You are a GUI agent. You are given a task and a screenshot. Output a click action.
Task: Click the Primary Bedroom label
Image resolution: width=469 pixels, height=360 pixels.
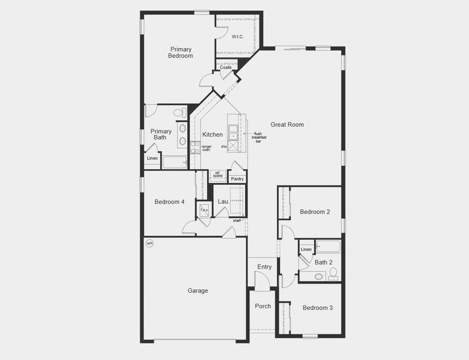click(181, 52)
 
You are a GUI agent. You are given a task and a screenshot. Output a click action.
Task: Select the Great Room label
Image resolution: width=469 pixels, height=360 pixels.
click(287, 125)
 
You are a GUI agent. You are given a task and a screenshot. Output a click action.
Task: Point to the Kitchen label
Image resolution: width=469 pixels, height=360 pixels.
click(213, 134)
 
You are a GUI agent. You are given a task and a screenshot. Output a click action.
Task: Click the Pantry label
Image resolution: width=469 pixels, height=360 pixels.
click(237, 179)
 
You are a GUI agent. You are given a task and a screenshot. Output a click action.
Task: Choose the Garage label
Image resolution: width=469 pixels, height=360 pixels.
click(198, 291)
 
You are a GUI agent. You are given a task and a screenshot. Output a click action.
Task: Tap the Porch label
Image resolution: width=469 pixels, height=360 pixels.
click(262, 306)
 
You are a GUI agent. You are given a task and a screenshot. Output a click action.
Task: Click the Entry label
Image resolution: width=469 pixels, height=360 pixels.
click(264, 267)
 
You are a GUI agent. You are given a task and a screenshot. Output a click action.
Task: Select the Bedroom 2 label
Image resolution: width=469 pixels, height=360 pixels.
click(315, 212)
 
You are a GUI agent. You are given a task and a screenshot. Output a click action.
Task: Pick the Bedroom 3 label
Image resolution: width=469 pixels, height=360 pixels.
click(317, 308)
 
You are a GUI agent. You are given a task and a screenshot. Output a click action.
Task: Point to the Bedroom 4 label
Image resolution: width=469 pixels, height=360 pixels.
click(169, 202)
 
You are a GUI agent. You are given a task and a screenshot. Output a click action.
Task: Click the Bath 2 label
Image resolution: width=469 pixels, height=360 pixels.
click(324, 262)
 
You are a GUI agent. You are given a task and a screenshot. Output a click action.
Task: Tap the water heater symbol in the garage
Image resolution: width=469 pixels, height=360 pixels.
click(150, 244)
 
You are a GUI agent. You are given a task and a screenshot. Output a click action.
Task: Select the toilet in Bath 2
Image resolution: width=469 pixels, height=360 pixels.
click(333, 274)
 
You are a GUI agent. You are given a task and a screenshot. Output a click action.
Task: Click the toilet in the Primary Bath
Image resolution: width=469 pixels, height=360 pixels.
click(179, 112)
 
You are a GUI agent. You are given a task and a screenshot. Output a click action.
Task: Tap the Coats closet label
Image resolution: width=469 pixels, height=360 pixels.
click(225, 67)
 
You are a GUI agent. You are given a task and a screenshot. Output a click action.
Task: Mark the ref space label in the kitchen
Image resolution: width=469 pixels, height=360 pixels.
click(218, 175)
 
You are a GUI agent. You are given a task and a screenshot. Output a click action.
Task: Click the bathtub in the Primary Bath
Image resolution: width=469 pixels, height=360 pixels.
click(175, 162)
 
